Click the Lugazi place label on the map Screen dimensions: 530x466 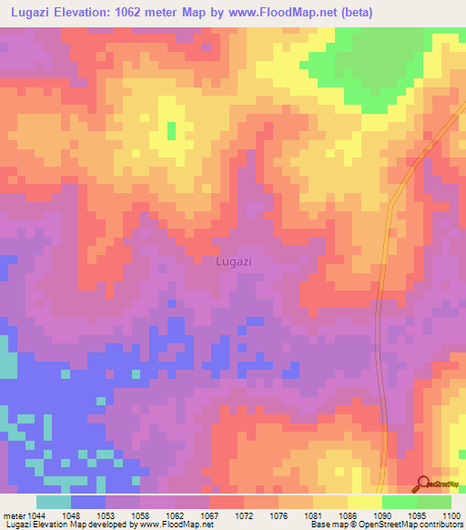tap(234, 261)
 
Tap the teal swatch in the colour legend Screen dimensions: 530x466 tap(54, 502)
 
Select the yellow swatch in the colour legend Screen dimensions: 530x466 tap(364, 502)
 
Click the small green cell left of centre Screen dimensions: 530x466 tap(171, 131)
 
